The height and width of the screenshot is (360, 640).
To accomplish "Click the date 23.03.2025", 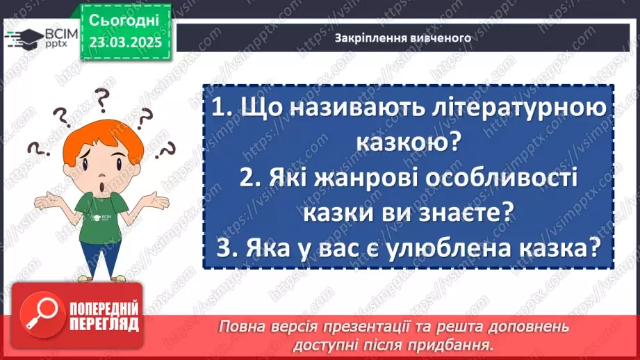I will (x=125, y=41).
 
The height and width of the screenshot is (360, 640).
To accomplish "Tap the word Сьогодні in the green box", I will (x=124, y=19).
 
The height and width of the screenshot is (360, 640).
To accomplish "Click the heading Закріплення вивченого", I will (x=403, y=38).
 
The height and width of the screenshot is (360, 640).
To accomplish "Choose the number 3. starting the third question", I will (x=225, y=247).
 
